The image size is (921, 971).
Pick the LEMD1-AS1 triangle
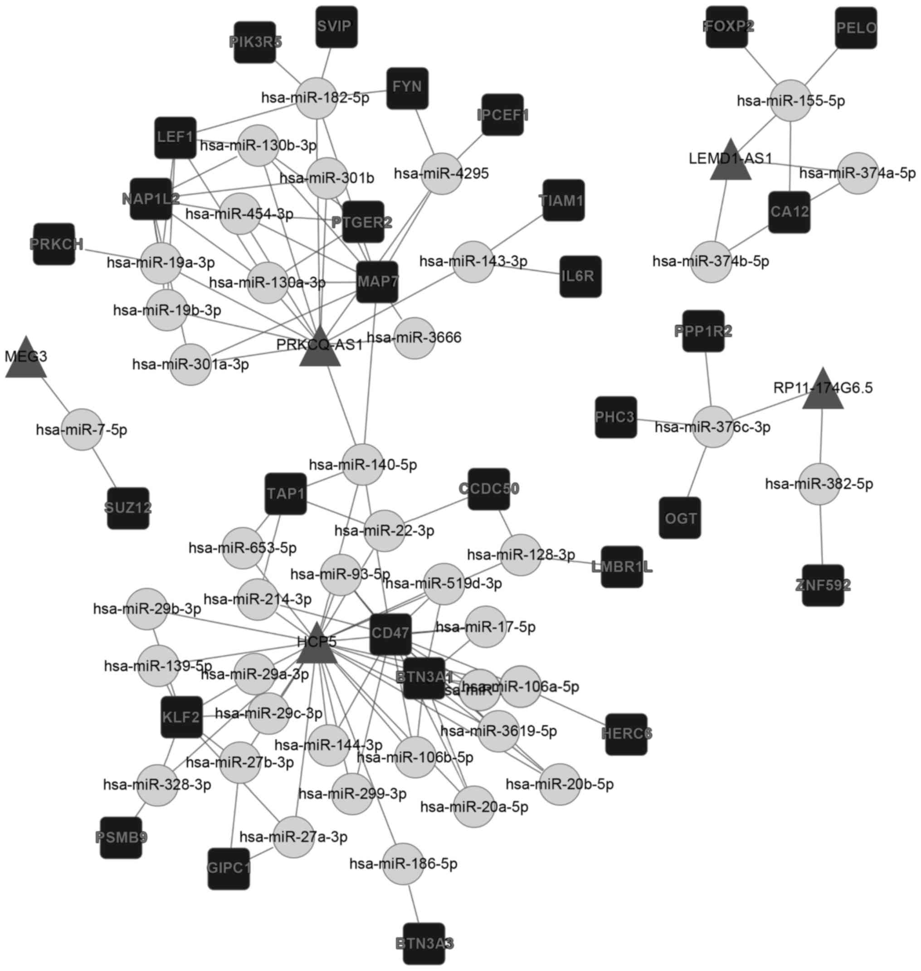[x=731, y=162]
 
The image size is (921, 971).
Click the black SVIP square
[x=336, y=27]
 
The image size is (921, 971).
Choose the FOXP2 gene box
[x=727, y=27]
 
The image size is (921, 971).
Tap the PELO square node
[x=856, y=28]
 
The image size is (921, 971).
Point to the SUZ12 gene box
[x=128, y=508]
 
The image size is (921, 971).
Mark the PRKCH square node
[x=54, y=244]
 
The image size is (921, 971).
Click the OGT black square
[x=680, y=518]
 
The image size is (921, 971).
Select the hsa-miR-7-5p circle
[x=82, y=429]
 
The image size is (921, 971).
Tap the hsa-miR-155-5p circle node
[x=790, y=101]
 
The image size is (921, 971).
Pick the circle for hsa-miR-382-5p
[x=819, y=484]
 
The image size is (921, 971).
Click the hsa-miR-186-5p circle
[x=403, y=863]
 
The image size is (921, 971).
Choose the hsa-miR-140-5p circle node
[x=362, y=464]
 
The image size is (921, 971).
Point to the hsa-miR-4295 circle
[x=441, y=174]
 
